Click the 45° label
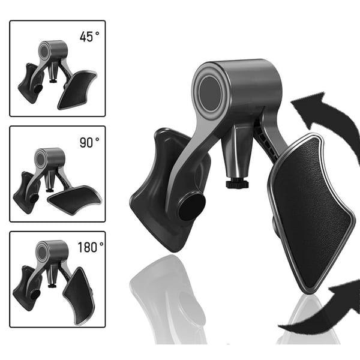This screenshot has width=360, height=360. coord(89,37)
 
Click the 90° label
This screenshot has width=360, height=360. coord(89,142)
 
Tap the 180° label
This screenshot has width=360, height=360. coord(91,247)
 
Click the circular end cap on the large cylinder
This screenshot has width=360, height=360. coord(210,94)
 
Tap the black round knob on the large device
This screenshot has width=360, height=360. coord(192,208)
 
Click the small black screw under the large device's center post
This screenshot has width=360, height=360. coord(237,184)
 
